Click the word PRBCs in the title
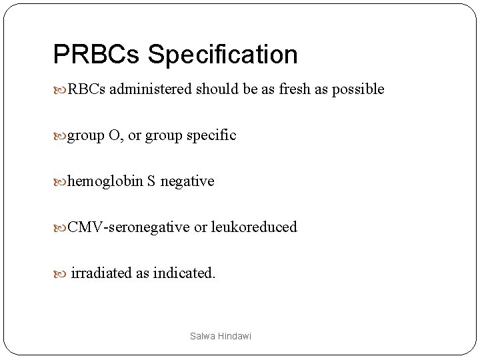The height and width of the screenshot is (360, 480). (96, 55)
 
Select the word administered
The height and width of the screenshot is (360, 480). (150, 89)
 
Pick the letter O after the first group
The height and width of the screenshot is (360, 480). (114, 135)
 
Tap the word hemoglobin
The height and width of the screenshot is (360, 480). (105, 181)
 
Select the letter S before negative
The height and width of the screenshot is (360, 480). (152, 181)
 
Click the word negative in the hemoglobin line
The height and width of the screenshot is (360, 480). (187, 181)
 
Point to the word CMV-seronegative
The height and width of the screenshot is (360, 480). (129, 227)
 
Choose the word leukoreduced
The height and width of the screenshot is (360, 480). (254, 227)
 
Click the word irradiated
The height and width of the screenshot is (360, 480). (101, 273)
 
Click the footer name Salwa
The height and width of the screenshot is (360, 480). (200, 337)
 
